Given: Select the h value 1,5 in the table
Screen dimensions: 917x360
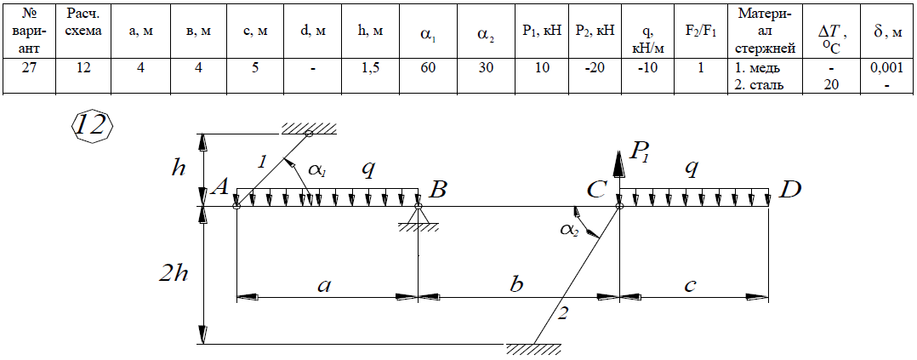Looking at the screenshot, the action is (x=371, y=67).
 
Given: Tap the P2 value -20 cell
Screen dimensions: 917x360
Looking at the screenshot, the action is (x=594, y=67).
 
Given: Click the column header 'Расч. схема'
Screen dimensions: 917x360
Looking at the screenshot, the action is (x=84, y=23).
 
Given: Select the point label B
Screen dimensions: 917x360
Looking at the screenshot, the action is (x=439, y=188).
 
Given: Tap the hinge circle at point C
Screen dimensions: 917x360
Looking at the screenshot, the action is (x=619, y=206).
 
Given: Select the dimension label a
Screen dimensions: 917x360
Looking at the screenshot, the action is (x=323, y=285).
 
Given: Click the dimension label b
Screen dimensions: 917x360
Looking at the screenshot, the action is (x=516, y=284).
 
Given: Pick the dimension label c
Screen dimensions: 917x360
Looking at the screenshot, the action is (x=690, y=285).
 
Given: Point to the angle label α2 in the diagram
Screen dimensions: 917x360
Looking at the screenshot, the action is (x=567, y=229).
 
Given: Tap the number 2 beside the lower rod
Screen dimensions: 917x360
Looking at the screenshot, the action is (x=562, y=313).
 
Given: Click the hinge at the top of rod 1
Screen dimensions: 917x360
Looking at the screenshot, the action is (x=308, y=134).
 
